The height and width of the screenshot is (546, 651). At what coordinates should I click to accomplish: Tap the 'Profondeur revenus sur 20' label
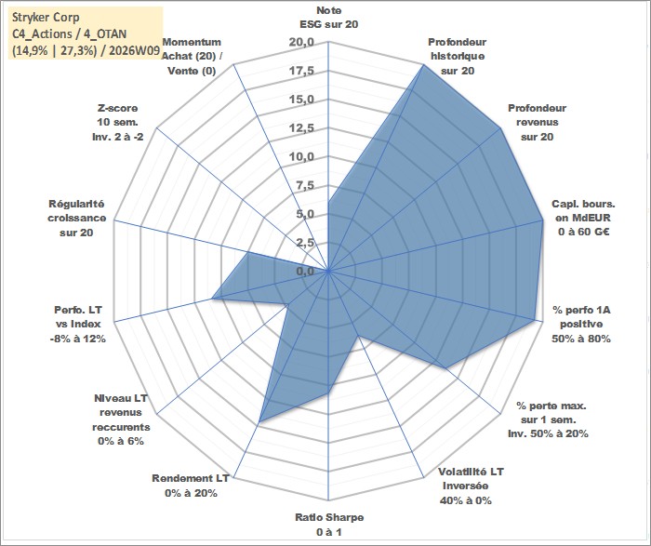[x=537, y=122]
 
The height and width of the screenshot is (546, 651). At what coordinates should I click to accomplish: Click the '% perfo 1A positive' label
[x=581, y=324]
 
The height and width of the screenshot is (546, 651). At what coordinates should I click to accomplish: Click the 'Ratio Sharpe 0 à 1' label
[x=329, y=524]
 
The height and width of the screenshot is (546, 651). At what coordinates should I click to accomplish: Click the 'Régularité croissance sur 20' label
[x=75, y=218]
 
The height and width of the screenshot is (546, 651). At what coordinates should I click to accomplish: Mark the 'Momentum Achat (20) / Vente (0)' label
[x=190, y=56]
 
